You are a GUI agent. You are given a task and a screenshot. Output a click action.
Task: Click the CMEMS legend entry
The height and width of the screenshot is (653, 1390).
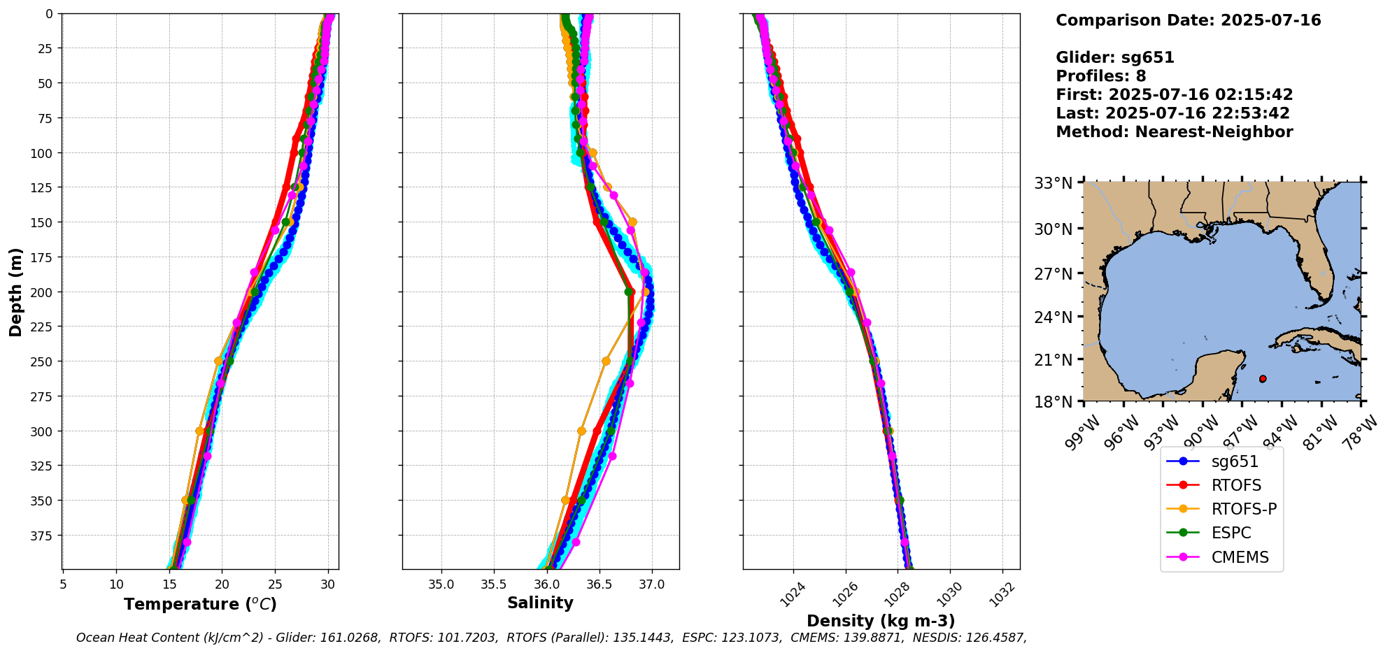1240,557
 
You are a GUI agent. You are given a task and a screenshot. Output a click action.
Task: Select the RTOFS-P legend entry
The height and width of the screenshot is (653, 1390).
1244,509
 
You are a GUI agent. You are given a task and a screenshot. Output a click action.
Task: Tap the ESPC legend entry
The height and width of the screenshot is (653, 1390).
1231,533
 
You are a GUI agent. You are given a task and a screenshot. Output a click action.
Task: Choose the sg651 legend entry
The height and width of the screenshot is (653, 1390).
1235,461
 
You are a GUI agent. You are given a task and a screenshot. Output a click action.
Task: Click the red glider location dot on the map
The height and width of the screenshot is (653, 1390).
1263,379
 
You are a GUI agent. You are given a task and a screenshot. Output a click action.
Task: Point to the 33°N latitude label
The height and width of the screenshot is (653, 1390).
1054,183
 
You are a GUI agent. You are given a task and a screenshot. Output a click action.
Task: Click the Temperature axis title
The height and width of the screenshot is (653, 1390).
200,604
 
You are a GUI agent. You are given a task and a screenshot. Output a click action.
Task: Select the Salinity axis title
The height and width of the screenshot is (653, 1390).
540,603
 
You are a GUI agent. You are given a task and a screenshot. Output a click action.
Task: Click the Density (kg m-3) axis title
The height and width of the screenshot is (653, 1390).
881,621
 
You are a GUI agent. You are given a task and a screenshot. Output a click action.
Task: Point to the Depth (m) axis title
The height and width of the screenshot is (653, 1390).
15,292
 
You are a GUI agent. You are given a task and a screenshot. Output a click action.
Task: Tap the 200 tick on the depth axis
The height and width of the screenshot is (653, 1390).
44,292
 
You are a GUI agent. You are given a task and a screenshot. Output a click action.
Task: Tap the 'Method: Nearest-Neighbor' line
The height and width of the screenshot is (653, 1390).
1175,131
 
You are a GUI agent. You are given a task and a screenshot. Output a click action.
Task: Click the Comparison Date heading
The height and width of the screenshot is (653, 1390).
1188,20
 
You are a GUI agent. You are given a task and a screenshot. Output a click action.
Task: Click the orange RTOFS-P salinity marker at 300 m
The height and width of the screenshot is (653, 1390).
581,431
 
